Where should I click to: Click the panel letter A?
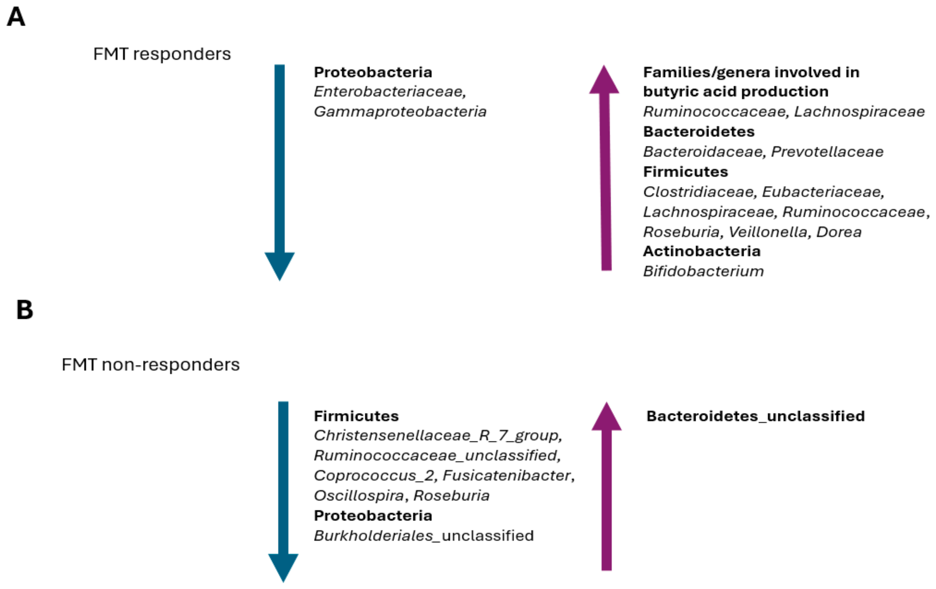point(16,17)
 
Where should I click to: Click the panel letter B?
point(25,310)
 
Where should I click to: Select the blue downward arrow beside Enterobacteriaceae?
point(279,171)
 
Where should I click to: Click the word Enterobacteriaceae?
point(389,92)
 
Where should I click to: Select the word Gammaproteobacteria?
point(400,112)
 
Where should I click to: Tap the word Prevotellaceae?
point(827,152)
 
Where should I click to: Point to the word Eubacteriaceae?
point(822,192)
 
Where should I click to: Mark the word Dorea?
point(839,232)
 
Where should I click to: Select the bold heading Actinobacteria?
point(702,251)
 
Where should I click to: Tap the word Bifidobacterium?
point(703,271)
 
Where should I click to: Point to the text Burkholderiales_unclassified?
point(424,536)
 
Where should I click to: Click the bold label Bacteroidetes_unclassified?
point(755,416)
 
